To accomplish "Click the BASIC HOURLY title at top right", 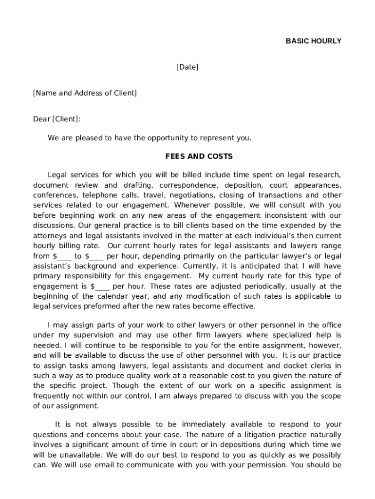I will [x=313, y=41].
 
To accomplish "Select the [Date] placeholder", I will [x=187, y=67].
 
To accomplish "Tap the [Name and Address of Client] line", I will [x=85, y=93].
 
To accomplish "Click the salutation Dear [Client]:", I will [x=56, y=119].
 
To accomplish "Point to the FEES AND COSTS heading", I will [x=199, y=156].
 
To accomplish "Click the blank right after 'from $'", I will [x=66, y=256].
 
